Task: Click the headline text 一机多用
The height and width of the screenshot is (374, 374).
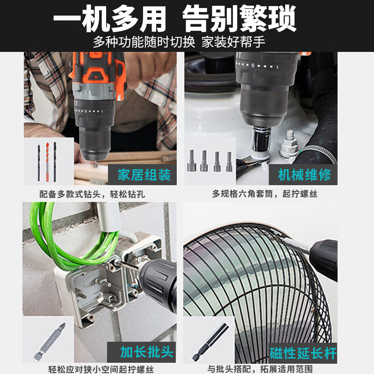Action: pyautogui.click(x=109, y=19)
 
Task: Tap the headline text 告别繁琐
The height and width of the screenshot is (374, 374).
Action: pyautogui.click(x=239, y=19)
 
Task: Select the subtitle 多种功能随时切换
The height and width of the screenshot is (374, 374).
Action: pyautogui.click(x=144, y=43)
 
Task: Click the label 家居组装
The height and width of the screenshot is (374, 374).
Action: pyautogui.click(x=144, y=175)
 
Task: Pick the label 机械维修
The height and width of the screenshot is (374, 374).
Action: pyautogui.click(x=304, y=175)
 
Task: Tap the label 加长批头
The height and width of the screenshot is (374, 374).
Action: pyautogui.click(x=146, y=352)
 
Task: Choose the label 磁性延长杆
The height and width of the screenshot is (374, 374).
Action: pyautogui.click(x=303, y=353)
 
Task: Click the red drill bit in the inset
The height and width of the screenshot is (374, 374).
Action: pyautogui.click(x=47, y=162)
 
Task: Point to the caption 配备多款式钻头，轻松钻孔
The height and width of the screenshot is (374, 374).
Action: pyautogui.click(x=92, y=194)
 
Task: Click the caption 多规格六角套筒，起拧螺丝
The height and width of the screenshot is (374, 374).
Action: pyautogui.click(x=265, y=194)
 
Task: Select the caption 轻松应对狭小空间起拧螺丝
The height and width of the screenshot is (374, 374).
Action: pyautogui.click(x=101, y=369)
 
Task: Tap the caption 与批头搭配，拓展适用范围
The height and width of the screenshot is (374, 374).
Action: pyautogui.click(x=260, y=369)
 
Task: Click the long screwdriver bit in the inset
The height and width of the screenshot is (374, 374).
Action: pyautogui.click(x=50, y=342)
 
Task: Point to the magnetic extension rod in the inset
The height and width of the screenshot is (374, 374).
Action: pyautogui.click(x=210, y=342)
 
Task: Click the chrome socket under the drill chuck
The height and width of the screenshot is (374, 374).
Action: pyautogui.click(x=261, y=142)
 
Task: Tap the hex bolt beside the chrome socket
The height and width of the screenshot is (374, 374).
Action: pyautogui.click(x=288, y=144)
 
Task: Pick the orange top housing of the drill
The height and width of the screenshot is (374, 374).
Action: pyautogui.click(x=98, y=69)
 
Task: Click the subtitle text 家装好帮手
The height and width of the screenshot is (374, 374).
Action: pyautogui.click(x=233, y=43)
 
